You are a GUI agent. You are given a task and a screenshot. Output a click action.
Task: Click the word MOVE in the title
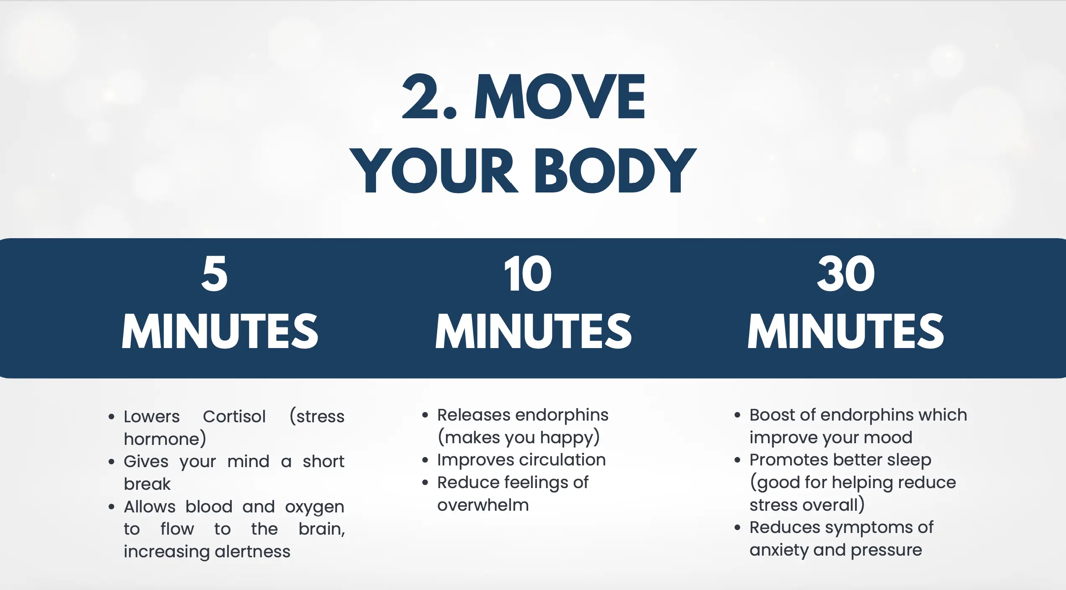coord(560,96)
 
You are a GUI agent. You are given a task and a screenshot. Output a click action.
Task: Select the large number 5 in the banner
coord(214,273)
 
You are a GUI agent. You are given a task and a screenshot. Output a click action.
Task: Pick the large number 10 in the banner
coord(528,273)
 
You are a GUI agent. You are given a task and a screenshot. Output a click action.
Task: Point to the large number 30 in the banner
coord(846,273)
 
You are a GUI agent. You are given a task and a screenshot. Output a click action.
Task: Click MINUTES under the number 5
coord(220,331)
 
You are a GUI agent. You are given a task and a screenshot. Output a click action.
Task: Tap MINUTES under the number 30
coord(846,331)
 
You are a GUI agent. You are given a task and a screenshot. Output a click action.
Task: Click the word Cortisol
coord(234,416)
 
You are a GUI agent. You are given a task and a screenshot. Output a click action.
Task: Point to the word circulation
coord(563,460)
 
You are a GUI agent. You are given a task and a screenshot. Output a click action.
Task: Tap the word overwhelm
coord(483,505)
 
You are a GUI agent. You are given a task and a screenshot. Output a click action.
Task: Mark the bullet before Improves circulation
coord(425,460)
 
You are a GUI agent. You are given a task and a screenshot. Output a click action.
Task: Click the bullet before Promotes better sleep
coord(737,460)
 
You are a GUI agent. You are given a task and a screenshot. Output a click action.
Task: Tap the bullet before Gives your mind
coord(111,462)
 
